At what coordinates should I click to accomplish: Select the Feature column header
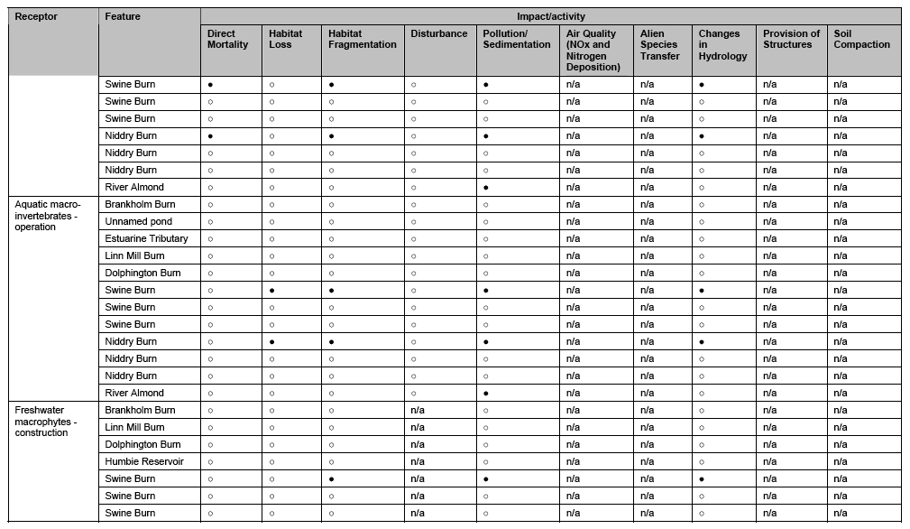[123, 16]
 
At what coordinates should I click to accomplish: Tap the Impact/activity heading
[550, 16]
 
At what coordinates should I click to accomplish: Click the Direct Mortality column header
[227, 39]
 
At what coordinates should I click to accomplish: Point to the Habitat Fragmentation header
[362, 39]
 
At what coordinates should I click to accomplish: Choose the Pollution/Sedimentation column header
[516, 39]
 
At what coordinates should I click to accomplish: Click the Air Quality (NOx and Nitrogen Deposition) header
[593, 51]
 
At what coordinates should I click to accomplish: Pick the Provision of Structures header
[791, 39]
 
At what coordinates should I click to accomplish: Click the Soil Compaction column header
[861, 39]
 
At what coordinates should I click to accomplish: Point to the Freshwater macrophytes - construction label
[46, 422]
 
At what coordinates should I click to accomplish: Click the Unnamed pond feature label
[138, 221]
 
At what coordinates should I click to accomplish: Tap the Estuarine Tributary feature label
[146, 238]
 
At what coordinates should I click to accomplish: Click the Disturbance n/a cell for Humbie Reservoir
[418, 461]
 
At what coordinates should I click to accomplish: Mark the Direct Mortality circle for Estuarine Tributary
[210, 239]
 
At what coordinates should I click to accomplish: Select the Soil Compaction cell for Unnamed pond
[841, 221]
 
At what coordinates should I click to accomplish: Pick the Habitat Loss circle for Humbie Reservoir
[271, 462]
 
